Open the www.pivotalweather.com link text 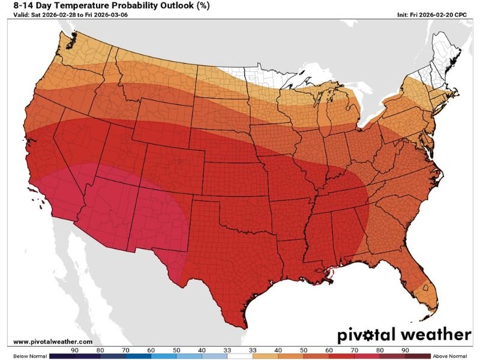pos(53,341)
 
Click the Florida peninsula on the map pos(424,285)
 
